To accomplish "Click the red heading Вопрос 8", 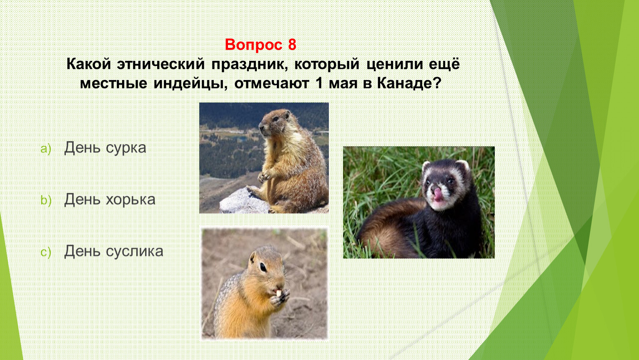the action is (261, 45).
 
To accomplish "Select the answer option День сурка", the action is (105, 148).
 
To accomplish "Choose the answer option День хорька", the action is (110, 199).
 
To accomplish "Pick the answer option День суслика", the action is (113, 251).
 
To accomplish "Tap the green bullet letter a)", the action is (46, 149).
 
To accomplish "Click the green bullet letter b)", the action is (46, 200).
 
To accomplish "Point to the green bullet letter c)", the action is (46, 252).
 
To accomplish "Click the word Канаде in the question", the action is (409, 83).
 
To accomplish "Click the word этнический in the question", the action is (161, 64).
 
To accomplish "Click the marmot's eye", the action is (276, 118).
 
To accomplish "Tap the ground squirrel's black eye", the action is (263, 267).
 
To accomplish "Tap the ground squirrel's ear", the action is (253, 257).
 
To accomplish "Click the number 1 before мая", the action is (318, 83).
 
